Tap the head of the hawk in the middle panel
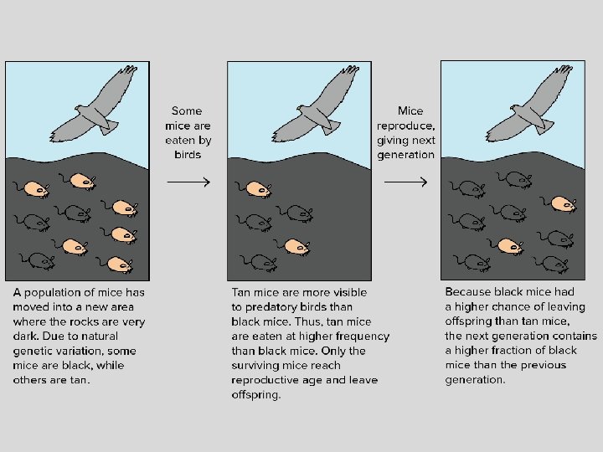[x=302, y=110]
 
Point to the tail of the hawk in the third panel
[x=544, y=126]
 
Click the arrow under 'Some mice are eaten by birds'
[x=188, y=182]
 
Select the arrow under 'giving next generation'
[x=405, y=182]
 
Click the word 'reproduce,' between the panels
[x=405, y=126]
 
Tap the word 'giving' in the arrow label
[x=390, y=141]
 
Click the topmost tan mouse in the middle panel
[x=254, y=189]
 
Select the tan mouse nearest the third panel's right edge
[x=560, y=203]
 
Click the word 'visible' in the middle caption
[x=350, y=292]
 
